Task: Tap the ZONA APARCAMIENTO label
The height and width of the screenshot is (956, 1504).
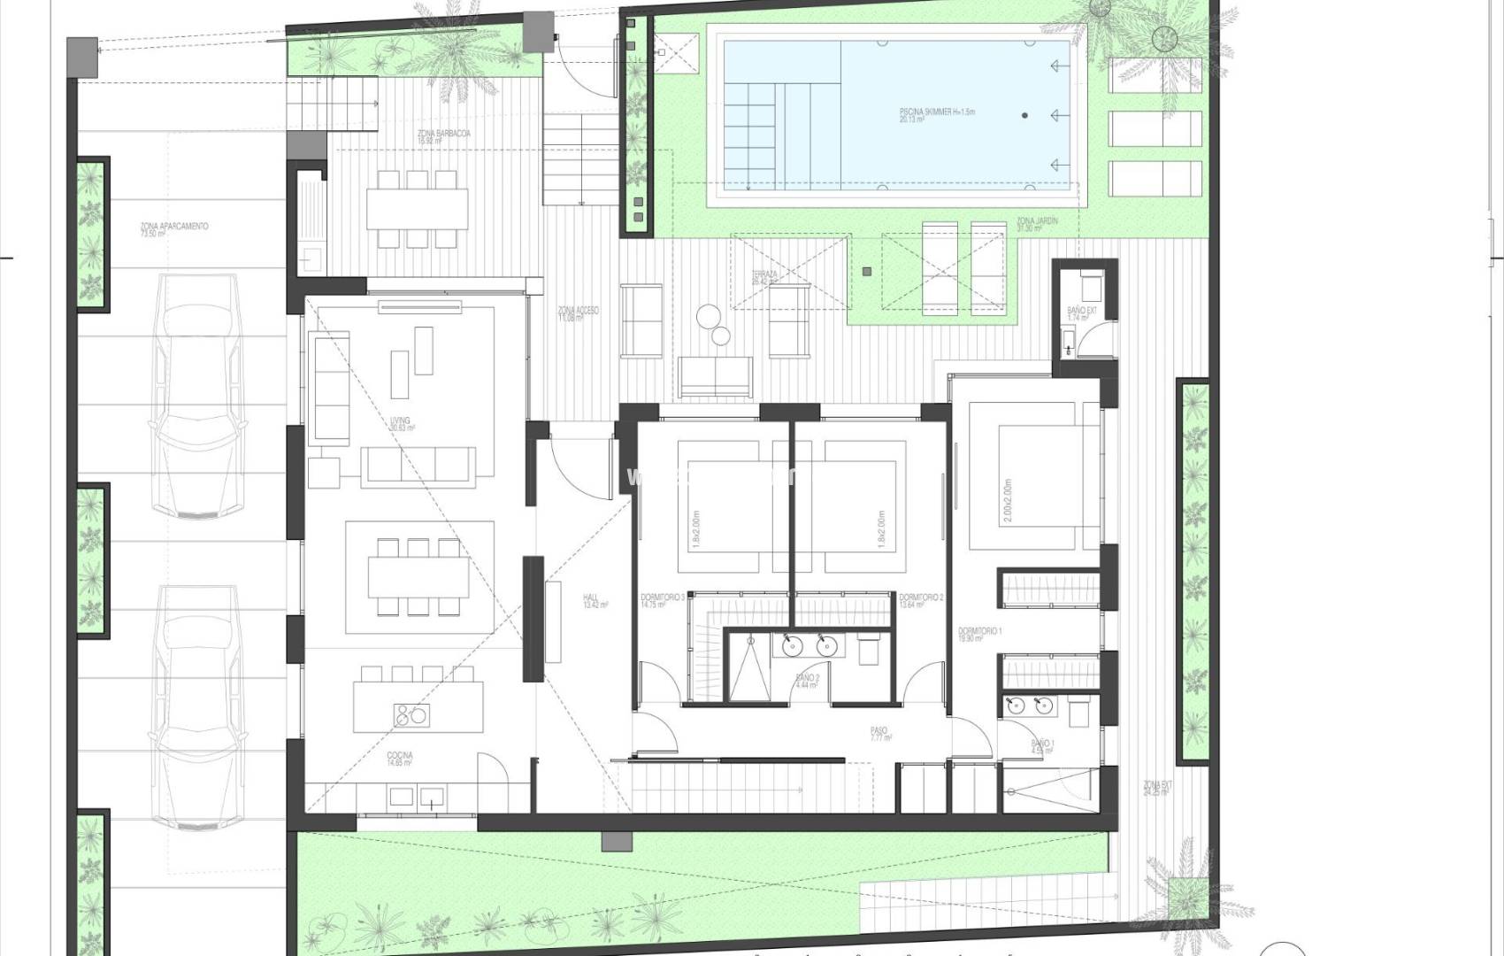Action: point(173,229)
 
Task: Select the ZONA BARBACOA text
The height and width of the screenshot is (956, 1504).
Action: point(443,136)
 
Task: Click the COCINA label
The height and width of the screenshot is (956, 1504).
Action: point(400,759)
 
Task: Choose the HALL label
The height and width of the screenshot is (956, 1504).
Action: point(595,601)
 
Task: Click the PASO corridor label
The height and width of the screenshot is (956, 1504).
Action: point(879,734)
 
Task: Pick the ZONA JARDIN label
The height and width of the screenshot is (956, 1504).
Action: point(1037,224)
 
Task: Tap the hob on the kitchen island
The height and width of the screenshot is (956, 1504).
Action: point(410,713)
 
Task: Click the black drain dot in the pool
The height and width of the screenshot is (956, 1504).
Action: point(1025,115)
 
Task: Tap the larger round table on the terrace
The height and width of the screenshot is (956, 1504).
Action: point(708,317)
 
